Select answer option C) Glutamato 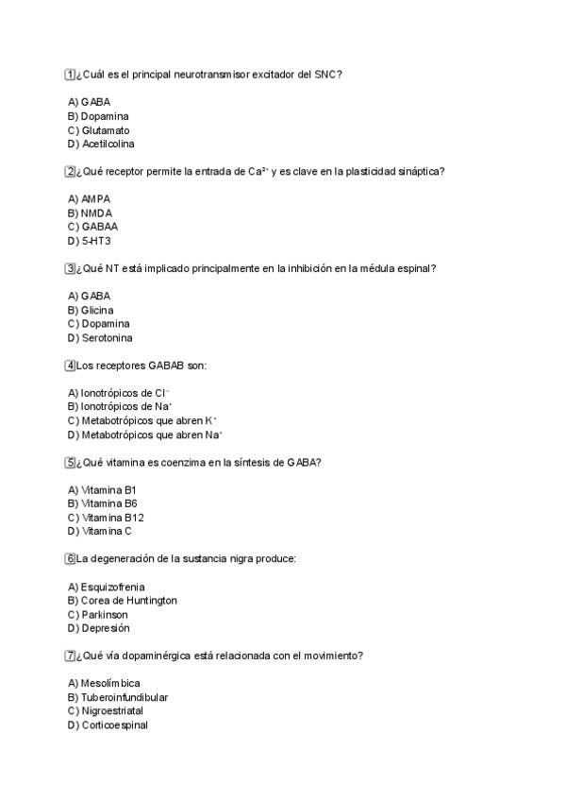coord(99,130)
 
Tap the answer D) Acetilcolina coord(101,145)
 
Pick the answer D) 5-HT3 coord(89,241)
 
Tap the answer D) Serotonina coord(100,337)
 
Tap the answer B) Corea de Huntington coord(123,601)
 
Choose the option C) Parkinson coord(98,615)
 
